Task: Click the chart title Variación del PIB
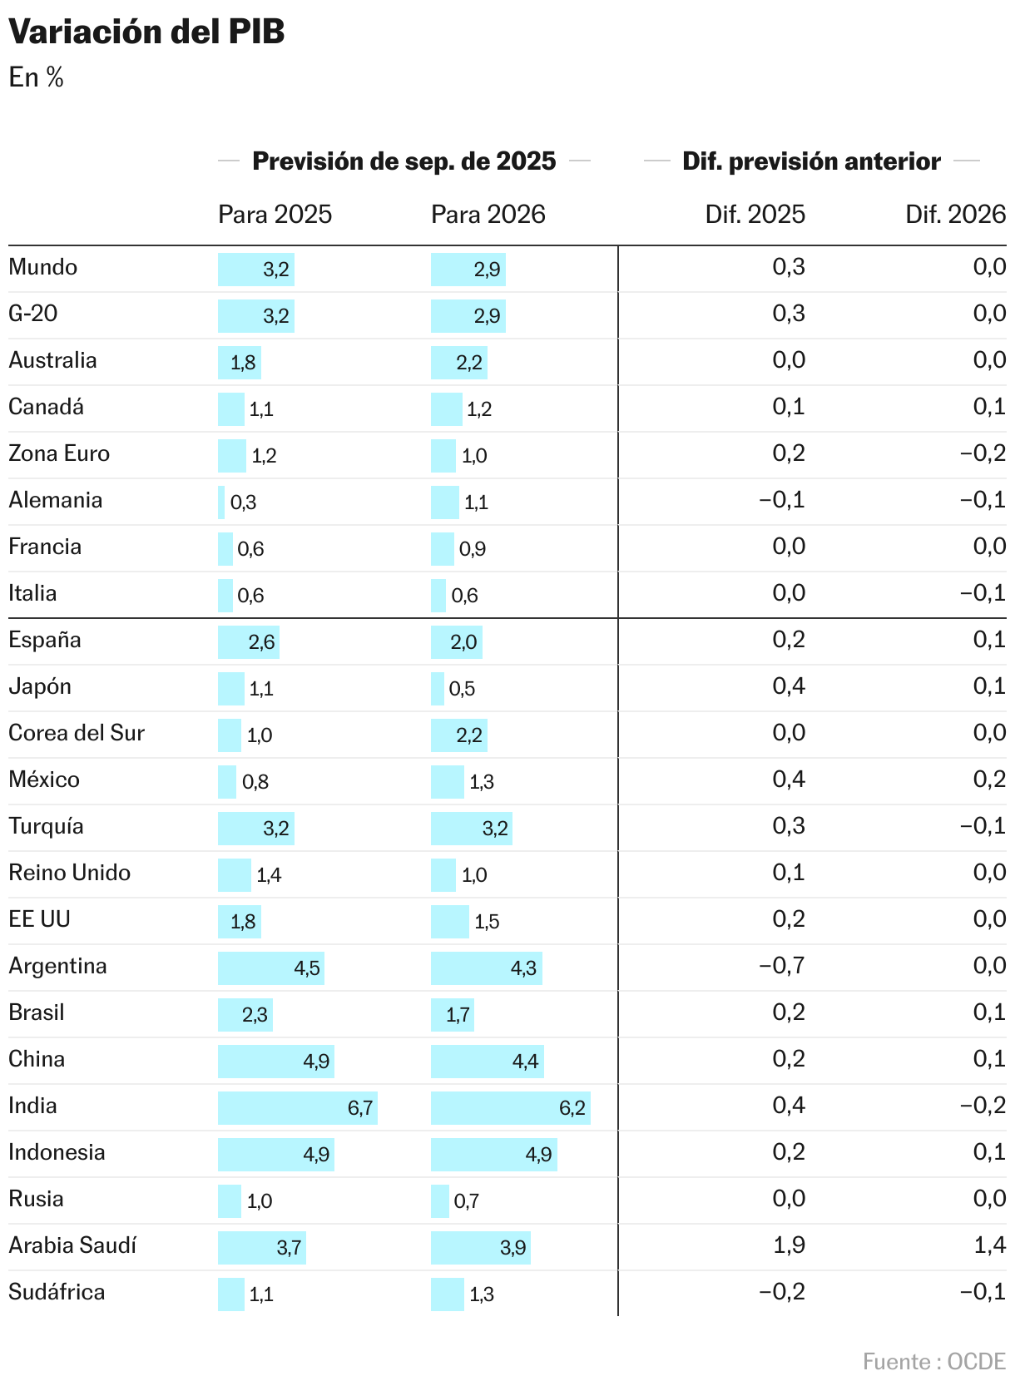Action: (146, 32)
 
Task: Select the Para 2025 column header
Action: (275, 215)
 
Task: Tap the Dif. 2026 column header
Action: (955, 215)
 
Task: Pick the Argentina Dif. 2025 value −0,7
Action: (781, 966)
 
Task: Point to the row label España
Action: (45, 640)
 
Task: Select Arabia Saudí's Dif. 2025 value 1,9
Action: (789, 1245)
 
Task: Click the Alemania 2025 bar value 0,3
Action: (243, 502)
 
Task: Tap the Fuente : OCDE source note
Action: (933, 1362)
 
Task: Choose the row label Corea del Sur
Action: (77, 733)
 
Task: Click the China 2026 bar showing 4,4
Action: (488, 1062)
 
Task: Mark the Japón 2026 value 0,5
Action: (462, 689)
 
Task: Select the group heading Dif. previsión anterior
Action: (811, 161)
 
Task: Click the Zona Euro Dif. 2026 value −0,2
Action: (983, 453)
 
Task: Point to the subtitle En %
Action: (37, 78)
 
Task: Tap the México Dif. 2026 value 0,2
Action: (989, 780)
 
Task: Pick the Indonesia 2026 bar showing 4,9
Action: (494, 1155)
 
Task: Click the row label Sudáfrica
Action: (57, 1292)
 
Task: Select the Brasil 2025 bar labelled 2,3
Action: (245, 1015)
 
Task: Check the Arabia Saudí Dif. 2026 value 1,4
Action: (989, 1245)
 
